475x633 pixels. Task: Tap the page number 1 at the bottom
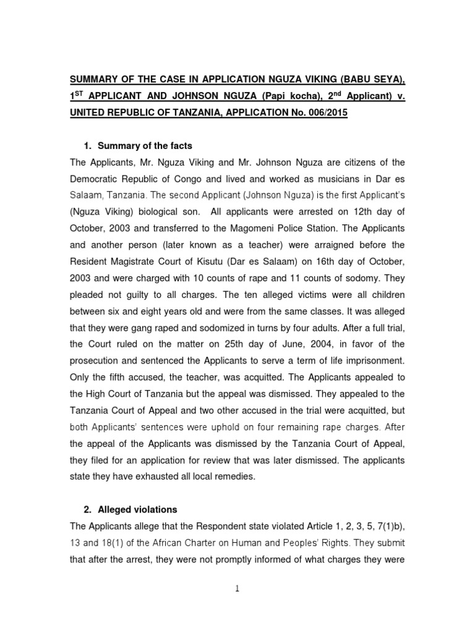tap(237, 589)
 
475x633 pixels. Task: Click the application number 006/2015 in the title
tap(326, 114)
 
